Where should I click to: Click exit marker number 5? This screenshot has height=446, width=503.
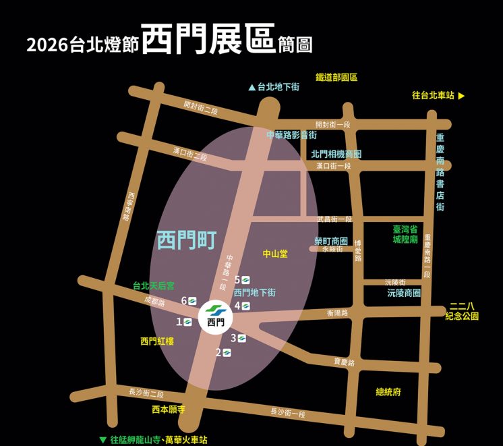(245, 279)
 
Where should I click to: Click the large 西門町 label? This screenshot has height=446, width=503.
(185, 240)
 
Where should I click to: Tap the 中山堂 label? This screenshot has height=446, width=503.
(275, 254)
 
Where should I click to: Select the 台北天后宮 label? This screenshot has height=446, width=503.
(153, 286)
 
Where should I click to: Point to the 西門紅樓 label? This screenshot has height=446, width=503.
(157, 341)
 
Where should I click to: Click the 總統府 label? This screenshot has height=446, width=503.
(388, 391)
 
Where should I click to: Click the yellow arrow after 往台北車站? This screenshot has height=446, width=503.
(462, 96)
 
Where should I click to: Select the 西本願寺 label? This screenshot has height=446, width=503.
(169, 410)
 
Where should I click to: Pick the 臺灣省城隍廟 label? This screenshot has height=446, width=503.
(405, 234)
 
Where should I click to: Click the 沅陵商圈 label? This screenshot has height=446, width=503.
(404, 294)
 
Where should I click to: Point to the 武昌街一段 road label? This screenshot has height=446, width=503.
(334, 219)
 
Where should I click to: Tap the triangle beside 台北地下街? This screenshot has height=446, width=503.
(252, 87)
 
